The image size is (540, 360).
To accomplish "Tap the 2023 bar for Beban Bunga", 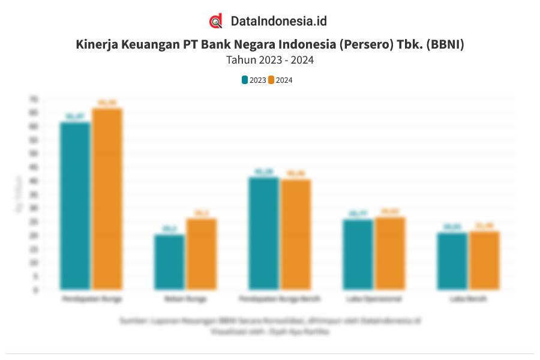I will pyautogui.click(x=169, y=262).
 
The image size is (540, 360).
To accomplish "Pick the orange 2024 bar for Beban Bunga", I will pyautogui.click(x=201, y=254).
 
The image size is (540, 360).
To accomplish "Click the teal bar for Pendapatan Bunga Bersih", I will pyautogui.click(x=263, y=233).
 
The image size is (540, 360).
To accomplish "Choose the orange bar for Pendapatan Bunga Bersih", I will pyautogui.click(x=296, y=235).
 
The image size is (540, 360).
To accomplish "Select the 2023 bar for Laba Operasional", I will pyautogui.click(x=358, y=254).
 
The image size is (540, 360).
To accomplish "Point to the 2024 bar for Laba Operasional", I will pyautogui.click(x=390, y=253).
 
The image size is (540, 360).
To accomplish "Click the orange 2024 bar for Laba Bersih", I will pyautogui.click(x=484, y=260).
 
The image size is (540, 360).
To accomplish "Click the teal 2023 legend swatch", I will pyautogui.click(x=245, y=80).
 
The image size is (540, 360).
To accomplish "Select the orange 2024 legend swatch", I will pyautogui.click(x=271, y=80).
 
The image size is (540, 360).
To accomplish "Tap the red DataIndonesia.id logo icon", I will pyautogui.click(x=216, y=21).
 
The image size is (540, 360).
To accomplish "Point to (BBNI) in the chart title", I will pyautogui.click(x=444, y=45).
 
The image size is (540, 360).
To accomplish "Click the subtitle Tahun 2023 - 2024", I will pyautogui.click(x=270, y=60).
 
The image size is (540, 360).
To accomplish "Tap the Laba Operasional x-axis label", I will pyautogui.click(x=374, y=298).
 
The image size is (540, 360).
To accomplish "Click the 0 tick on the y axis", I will pyautogui.click(x=36, y=290).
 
